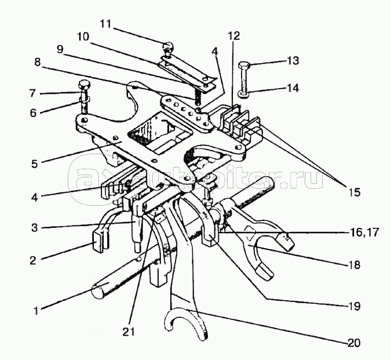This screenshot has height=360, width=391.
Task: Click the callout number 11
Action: [x=105, y=24]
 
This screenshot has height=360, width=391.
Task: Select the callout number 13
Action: [x=293, y=61]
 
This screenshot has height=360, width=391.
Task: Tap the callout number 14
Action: [x=293, y=88]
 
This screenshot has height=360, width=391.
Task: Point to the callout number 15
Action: [x=355, y=192]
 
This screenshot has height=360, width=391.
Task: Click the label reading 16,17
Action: [x=364, y=233]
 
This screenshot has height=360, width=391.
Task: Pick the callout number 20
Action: [x=354, y=343]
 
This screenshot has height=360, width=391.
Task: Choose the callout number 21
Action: [x=129, y=332]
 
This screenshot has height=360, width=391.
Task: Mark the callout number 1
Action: [x=36, y=311]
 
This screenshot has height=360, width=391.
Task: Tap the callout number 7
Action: [x=32, y=93]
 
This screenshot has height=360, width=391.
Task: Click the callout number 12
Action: [x=233, y=36]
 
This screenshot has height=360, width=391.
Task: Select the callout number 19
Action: [x=355, y=306]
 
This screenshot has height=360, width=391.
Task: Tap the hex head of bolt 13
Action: [x=244, y=66]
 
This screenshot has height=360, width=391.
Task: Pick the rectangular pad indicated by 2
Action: [x=98, y=241]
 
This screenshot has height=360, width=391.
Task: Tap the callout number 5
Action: [x=34, y=164]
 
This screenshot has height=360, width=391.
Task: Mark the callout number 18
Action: [x=355, y=264]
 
